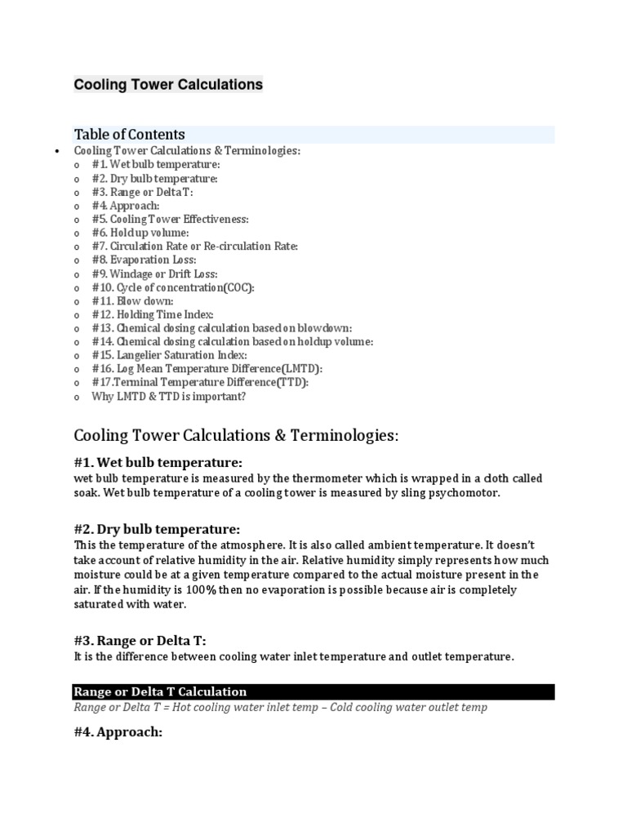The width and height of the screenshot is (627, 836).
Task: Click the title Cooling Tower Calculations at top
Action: pos(168,84)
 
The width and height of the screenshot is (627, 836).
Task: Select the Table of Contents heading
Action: pos(129,135)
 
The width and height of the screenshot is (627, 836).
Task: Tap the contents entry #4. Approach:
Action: pos(125,206)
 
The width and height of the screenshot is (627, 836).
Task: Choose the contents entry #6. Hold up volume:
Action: pos(140,233)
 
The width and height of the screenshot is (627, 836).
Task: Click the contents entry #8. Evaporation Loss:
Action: pos(144,260)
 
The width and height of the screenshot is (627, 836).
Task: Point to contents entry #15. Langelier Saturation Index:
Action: pos(169,355)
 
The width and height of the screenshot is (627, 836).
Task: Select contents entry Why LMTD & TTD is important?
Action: pos(168,396)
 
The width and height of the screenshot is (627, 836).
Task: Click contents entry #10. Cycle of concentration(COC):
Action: pos(173,287)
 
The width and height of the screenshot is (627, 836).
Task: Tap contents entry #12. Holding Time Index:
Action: pos(153,314)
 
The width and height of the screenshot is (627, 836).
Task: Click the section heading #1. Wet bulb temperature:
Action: pos(158,462)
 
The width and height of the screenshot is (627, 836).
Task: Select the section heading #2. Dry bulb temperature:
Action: pos(157,529)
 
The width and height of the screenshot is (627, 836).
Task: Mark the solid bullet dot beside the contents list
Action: pos(56,152)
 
